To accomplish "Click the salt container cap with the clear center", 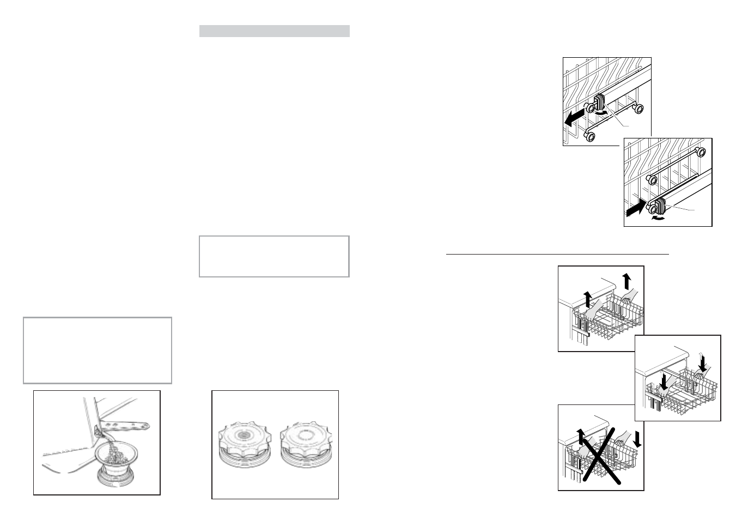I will (306, 442).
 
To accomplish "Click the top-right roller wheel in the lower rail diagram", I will (701, 152).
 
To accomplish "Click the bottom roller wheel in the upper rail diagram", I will (588, 135).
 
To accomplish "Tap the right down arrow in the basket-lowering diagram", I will (703, 360).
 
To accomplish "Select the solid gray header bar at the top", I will (274, 31).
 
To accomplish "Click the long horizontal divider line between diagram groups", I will (557, 253).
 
